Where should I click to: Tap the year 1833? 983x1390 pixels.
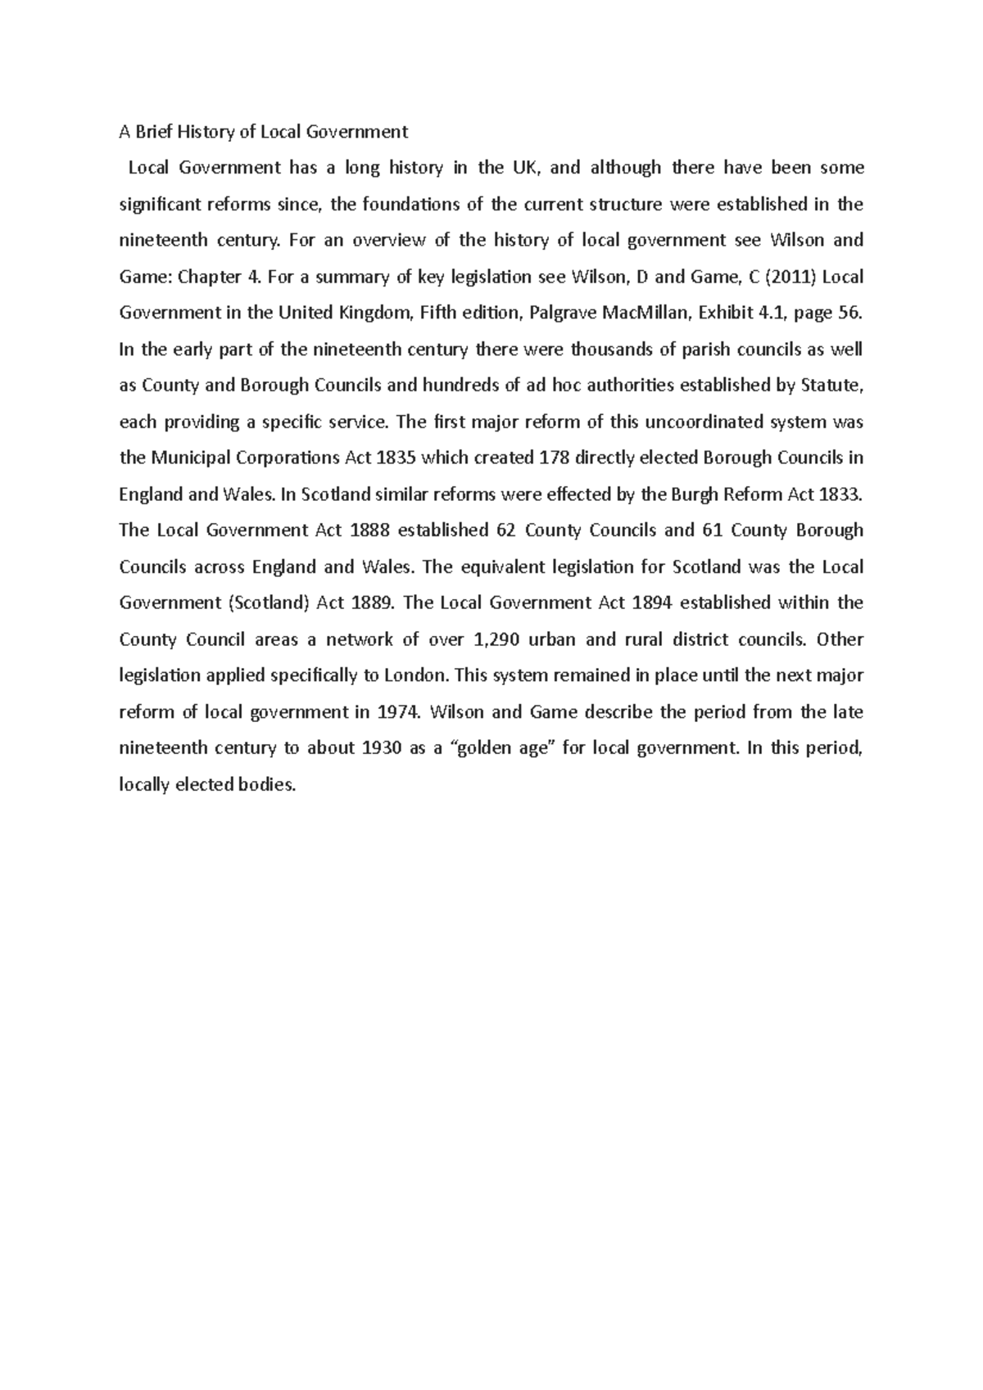[x=843, y=494]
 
